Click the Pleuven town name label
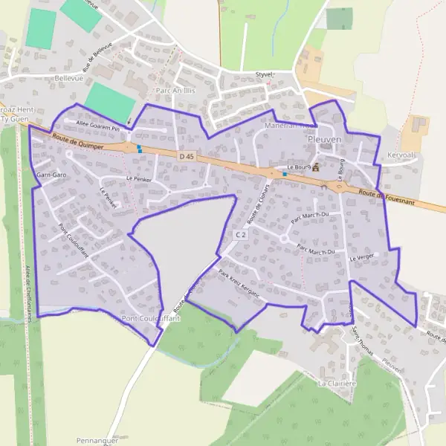click(324, 139)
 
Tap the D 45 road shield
click(187, 156)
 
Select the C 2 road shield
click(239, 235)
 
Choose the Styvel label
click(265, 75)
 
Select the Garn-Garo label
click(51, 175)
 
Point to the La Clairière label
click(334, 384)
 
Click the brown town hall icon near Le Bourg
click(314, 167)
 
